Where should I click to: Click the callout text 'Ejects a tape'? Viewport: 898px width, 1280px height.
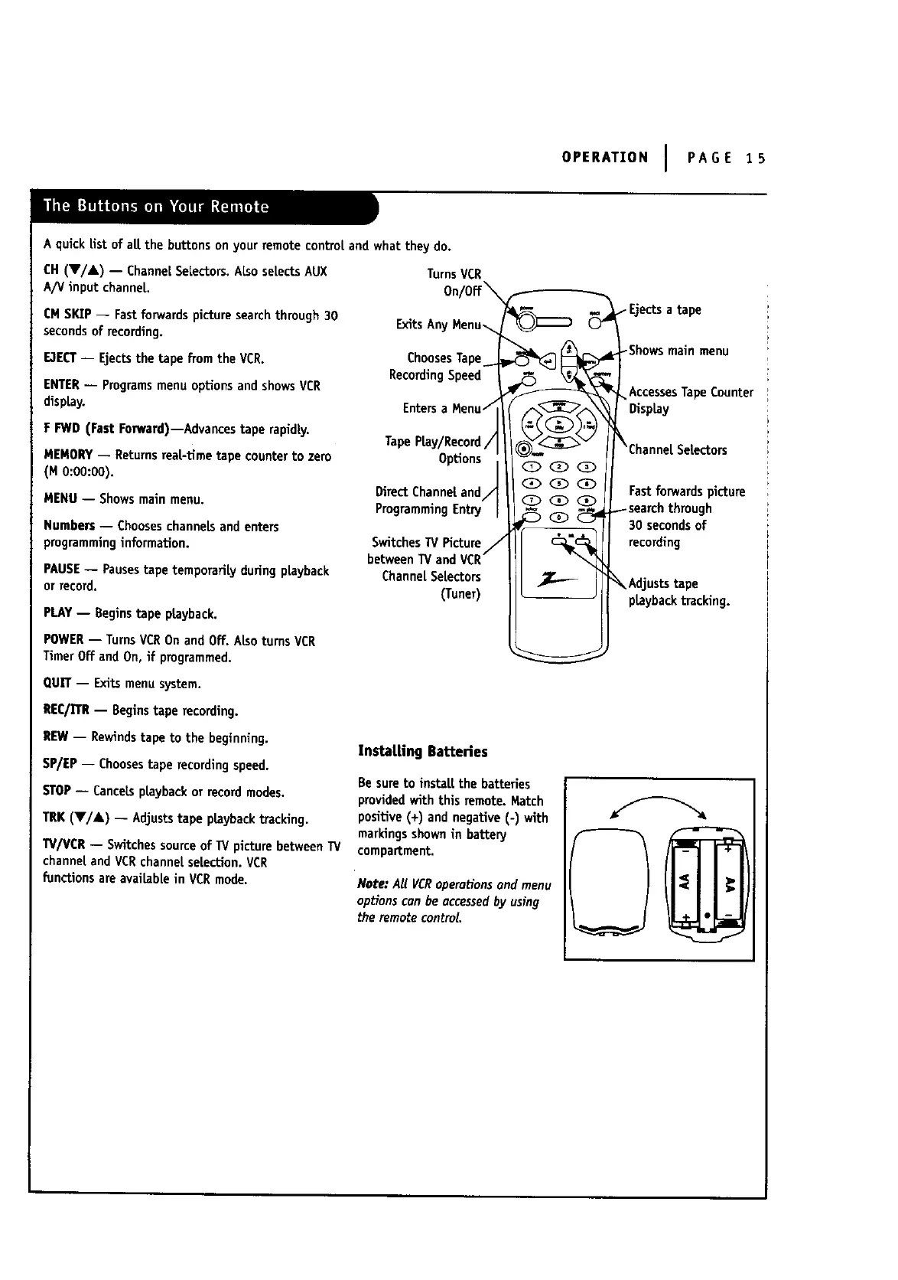664,309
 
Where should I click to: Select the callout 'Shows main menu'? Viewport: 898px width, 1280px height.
678,351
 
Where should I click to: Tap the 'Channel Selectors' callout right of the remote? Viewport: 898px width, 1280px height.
678,449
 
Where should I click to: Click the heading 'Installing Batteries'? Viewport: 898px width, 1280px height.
422,751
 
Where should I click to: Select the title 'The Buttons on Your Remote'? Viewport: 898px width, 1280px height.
156,206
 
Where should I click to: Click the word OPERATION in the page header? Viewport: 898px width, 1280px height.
604,158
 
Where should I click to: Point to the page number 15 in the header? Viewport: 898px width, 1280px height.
756,158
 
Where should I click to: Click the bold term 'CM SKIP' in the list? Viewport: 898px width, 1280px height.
67,315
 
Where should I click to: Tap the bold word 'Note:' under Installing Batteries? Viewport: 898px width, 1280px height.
373,884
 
